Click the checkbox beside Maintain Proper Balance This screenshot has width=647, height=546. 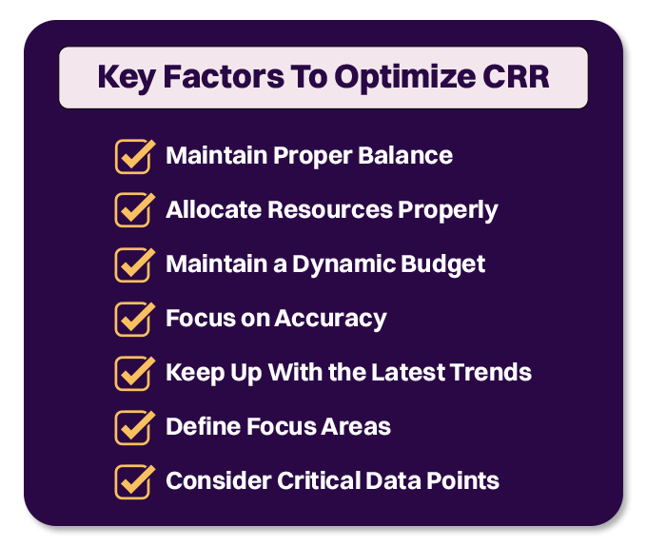pyautogui.click(x=133, y=156)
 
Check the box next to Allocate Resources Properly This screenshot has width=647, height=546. pyautogui.click(x=133, y=210)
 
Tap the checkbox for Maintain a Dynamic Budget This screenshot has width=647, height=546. pyautogui.click(x=133, y=264)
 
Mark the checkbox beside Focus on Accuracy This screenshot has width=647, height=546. pyautogui.click(x=133, y=319)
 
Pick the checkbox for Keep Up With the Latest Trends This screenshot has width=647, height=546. pyautogui.click(x=133, y=373)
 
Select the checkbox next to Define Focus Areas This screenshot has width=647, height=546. pyautogui.click(x=133, y=427)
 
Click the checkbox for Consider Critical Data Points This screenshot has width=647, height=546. pyautogui.click(x=133, y=481)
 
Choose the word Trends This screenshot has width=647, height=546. pyautogui.click(x=489, y=372)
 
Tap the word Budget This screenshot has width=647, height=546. pyautogui.click(x=445, y=263)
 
